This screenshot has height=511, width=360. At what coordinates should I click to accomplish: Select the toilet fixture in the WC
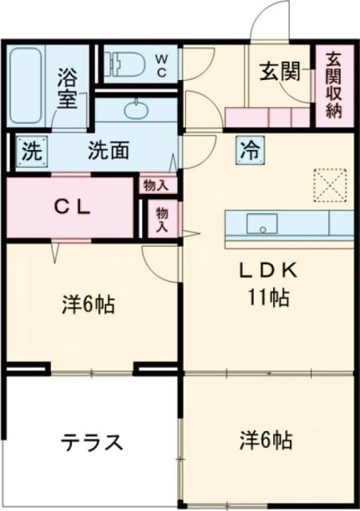coord(124,64)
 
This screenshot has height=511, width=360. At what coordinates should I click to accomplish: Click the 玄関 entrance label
coord(279,72)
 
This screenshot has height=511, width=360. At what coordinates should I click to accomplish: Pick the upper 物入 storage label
coord(156,185)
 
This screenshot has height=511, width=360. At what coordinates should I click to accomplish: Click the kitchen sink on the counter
coord(260,224)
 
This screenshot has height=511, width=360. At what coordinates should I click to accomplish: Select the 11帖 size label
coord(267,299)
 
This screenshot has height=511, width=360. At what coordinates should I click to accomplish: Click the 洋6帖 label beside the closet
coord(87,305)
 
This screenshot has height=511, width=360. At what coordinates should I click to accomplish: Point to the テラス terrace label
coord(92,442)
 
